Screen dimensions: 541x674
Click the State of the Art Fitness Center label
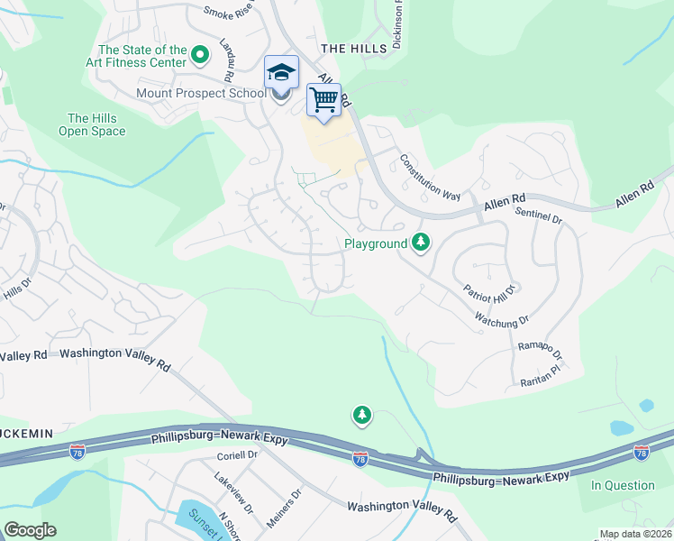click(x=142, y=56)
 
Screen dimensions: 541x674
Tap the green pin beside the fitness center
click(x=201, y=58)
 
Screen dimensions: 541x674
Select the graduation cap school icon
click(x=281, y=71)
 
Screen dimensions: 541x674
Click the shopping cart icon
click(x=324, y=98)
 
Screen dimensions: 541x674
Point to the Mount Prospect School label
click(x=201, y=93)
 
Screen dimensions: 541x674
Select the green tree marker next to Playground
click(x=420, y=242)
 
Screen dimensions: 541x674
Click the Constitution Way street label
click(x=430, y=177)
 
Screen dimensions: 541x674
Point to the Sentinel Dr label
click(x=539, y=214)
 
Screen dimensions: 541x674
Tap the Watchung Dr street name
click(x=501, y=318)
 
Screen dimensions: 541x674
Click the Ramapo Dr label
click(x=540, y=350)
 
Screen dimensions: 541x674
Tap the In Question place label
click(x=623, y=485)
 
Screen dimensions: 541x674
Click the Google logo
click(x=30, y=530)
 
